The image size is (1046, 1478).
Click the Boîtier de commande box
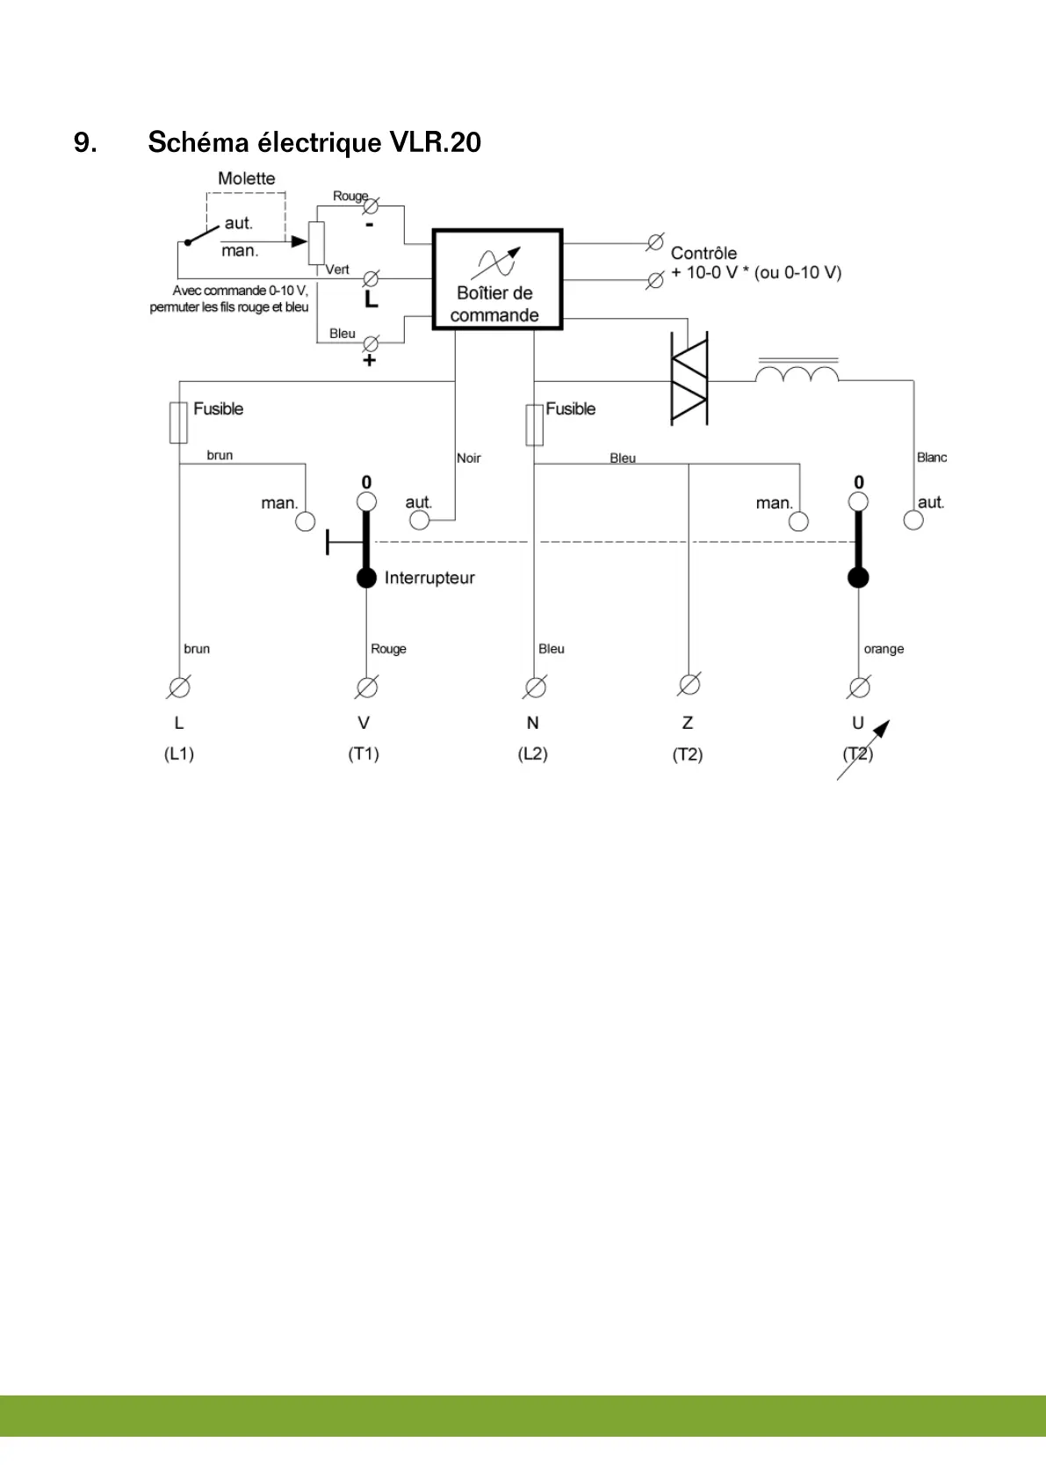(x=497, y=279)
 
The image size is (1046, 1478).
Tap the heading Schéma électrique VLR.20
(x=314, y=142)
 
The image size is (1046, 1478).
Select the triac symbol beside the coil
(x=689, y=379)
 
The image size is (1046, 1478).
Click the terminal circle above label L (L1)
(x=179, y=687)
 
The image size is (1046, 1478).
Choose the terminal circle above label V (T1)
(x=367, y=687)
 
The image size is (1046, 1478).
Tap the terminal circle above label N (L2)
(x=535, y=687)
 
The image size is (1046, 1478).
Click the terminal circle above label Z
(x=689, y=684)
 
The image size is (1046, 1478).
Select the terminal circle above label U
(x=860, y=687)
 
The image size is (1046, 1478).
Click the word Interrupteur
(x=429, y=578)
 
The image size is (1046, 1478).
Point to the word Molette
(x=247, y=178)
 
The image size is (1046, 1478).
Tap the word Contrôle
(x=703, y=253)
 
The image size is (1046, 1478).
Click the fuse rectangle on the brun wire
(x=178, y=422)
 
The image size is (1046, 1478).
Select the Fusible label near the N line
(x=571, y=409)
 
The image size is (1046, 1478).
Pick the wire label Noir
(x=469, y=458)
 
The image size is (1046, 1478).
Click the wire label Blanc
(x=932, y=458)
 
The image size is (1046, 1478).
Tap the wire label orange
(x=884, y=649)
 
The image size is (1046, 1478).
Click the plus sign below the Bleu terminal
(x=370, y=360)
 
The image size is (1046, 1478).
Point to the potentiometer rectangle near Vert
(x=316, y=242)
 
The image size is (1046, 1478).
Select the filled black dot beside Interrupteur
(x=366, y=578)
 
